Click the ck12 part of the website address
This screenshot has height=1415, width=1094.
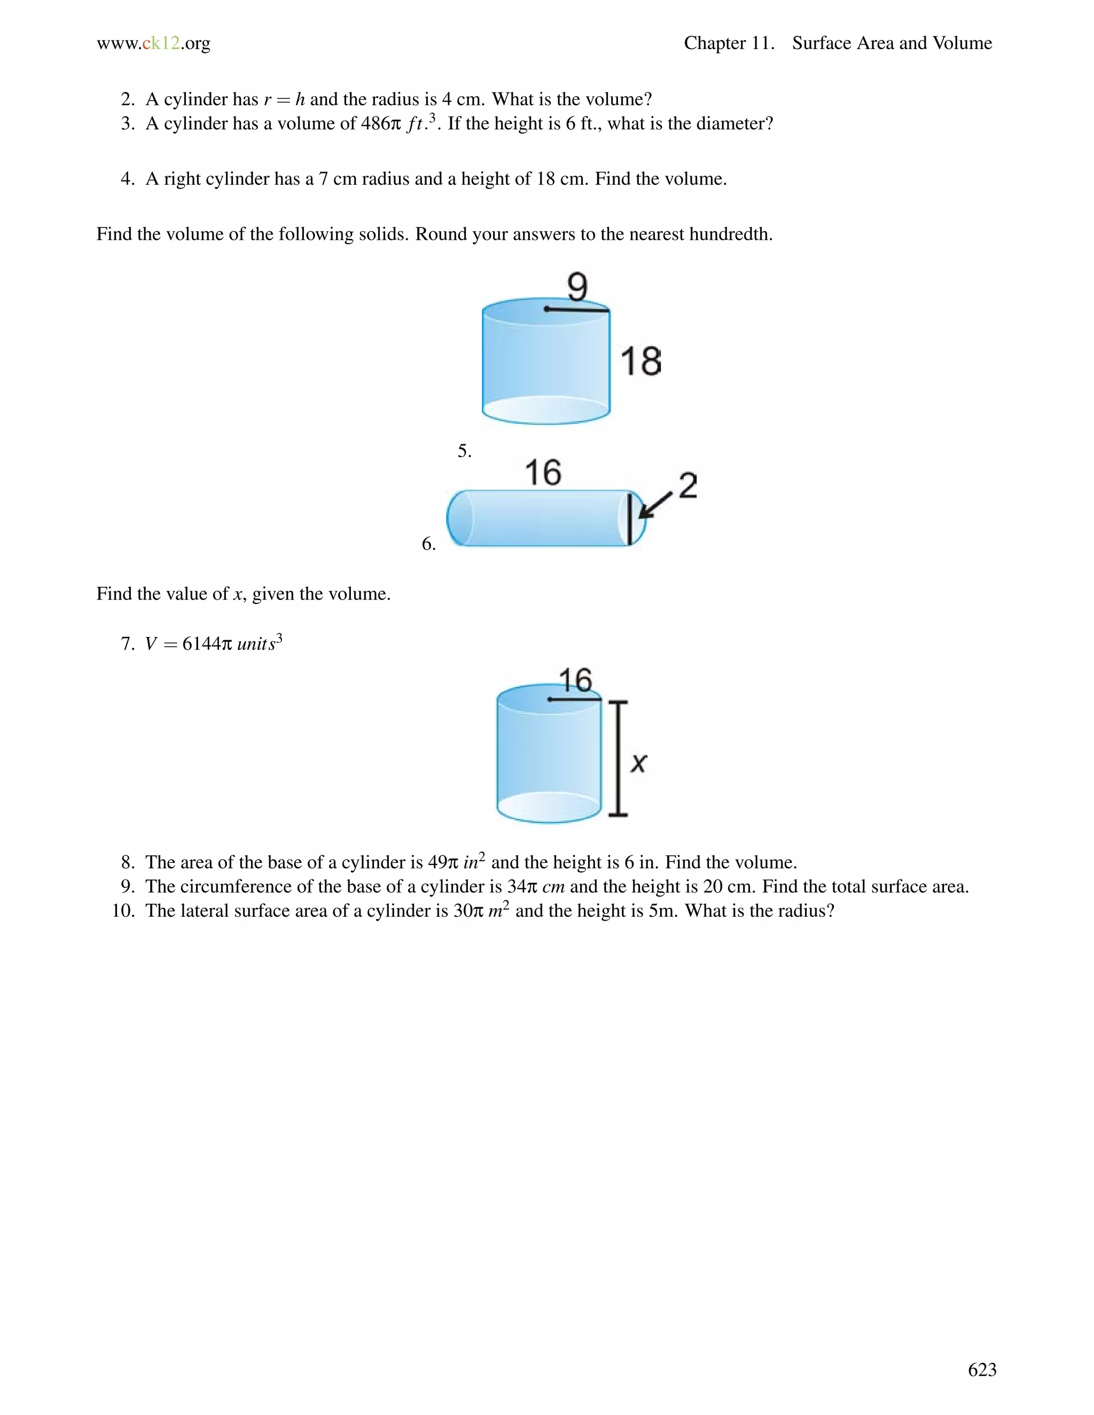[161, 43]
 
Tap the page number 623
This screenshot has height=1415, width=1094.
[982, 1370]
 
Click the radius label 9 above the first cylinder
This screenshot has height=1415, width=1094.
[577, 286]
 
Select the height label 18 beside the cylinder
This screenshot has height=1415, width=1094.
[641, 361]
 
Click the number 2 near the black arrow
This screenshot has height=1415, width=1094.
[688, 486]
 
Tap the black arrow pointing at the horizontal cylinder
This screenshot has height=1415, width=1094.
[656, 505]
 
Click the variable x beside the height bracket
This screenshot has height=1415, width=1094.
[638, 763]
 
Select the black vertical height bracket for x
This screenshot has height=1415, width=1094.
[618, 758]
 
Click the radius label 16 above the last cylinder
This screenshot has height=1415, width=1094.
[575, 680]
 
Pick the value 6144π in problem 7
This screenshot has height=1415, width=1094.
[206, 644]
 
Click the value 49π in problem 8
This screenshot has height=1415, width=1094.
[443, 862]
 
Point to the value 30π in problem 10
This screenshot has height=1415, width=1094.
[468, 911]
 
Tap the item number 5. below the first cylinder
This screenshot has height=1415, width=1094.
[464, 451]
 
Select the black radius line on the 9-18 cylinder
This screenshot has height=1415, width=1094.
[577, 310]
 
